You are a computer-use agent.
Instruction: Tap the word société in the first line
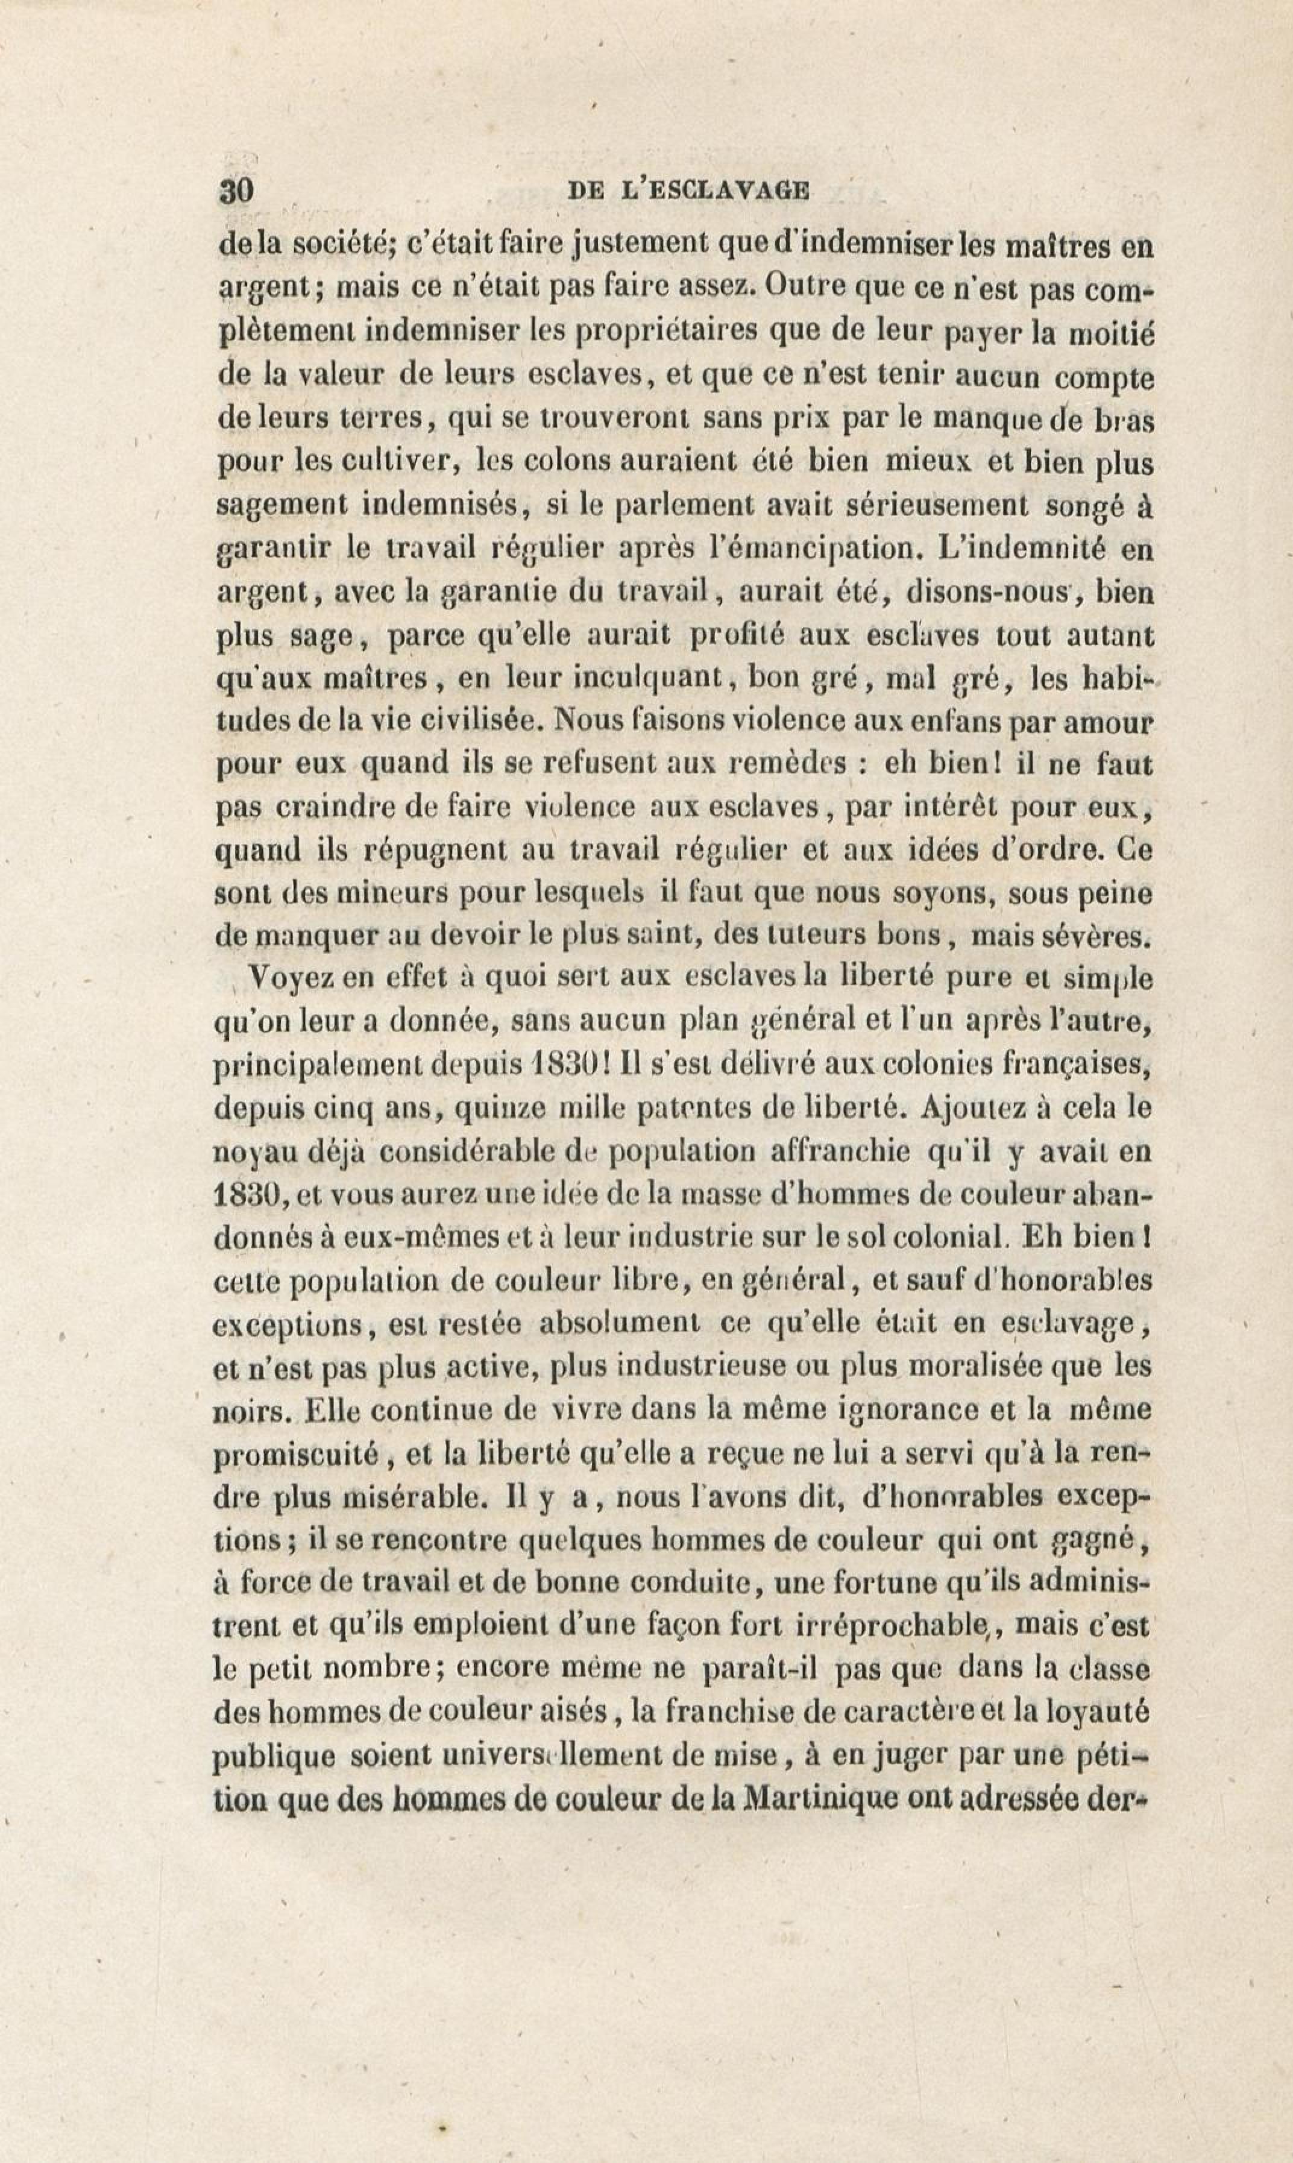point(343,247)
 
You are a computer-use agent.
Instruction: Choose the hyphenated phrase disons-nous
point(987,593)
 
